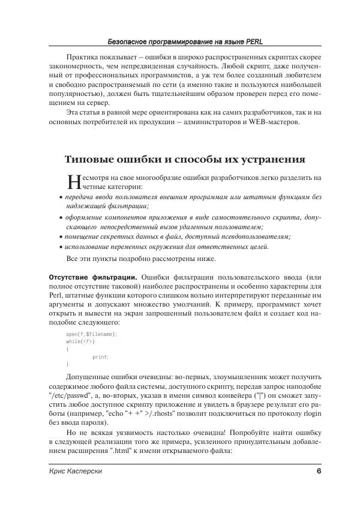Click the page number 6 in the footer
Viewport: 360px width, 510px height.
319,471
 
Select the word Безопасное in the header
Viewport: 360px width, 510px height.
129,43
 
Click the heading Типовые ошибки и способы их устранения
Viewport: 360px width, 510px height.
185,160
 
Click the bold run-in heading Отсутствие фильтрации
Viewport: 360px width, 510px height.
92,277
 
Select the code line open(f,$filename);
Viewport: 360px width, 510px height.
91,334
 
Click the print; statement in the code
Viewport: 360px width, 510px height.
100,357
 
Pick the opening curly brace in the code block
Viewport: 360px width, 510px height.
67,349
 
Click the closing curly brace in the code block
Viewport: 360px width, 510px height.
67,365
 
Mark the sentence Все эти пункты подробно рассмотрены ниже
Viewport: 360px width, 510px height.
139,259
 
